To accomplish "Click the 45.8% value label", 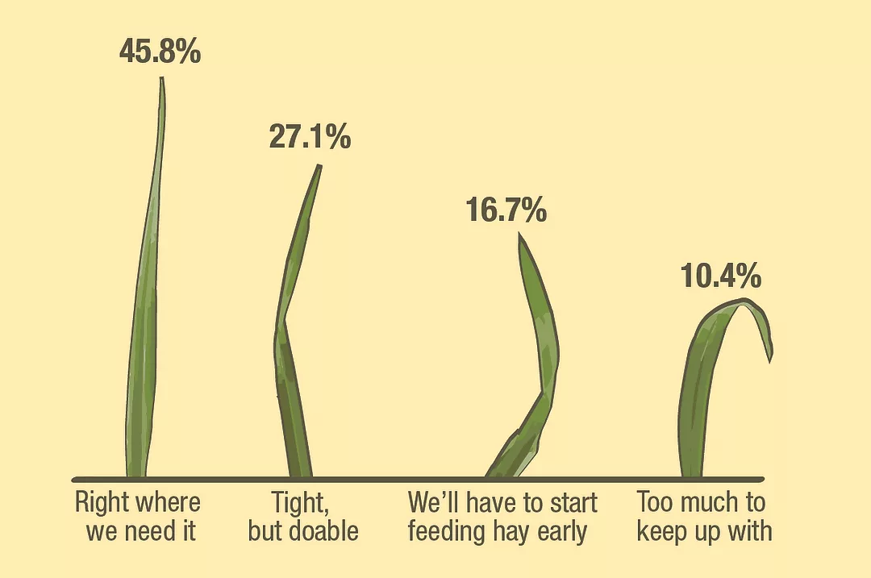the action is click(160, 51).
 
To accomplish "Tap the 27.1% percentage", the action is click(310, 136).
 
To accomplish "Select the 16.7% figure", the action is click(506, 210).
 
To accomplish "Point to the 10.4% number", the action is click(721, 276).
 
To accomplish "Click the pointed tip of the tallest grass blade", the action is click(161, 77).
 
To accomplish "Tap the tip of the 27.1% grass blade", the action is click(319, 165).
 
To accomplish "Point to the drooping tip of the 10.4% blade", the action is click(770, 362).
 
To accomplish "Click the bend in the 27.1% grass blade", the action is click(285, 321).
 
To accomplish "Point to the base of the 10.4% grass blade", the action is click(692, 476).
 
